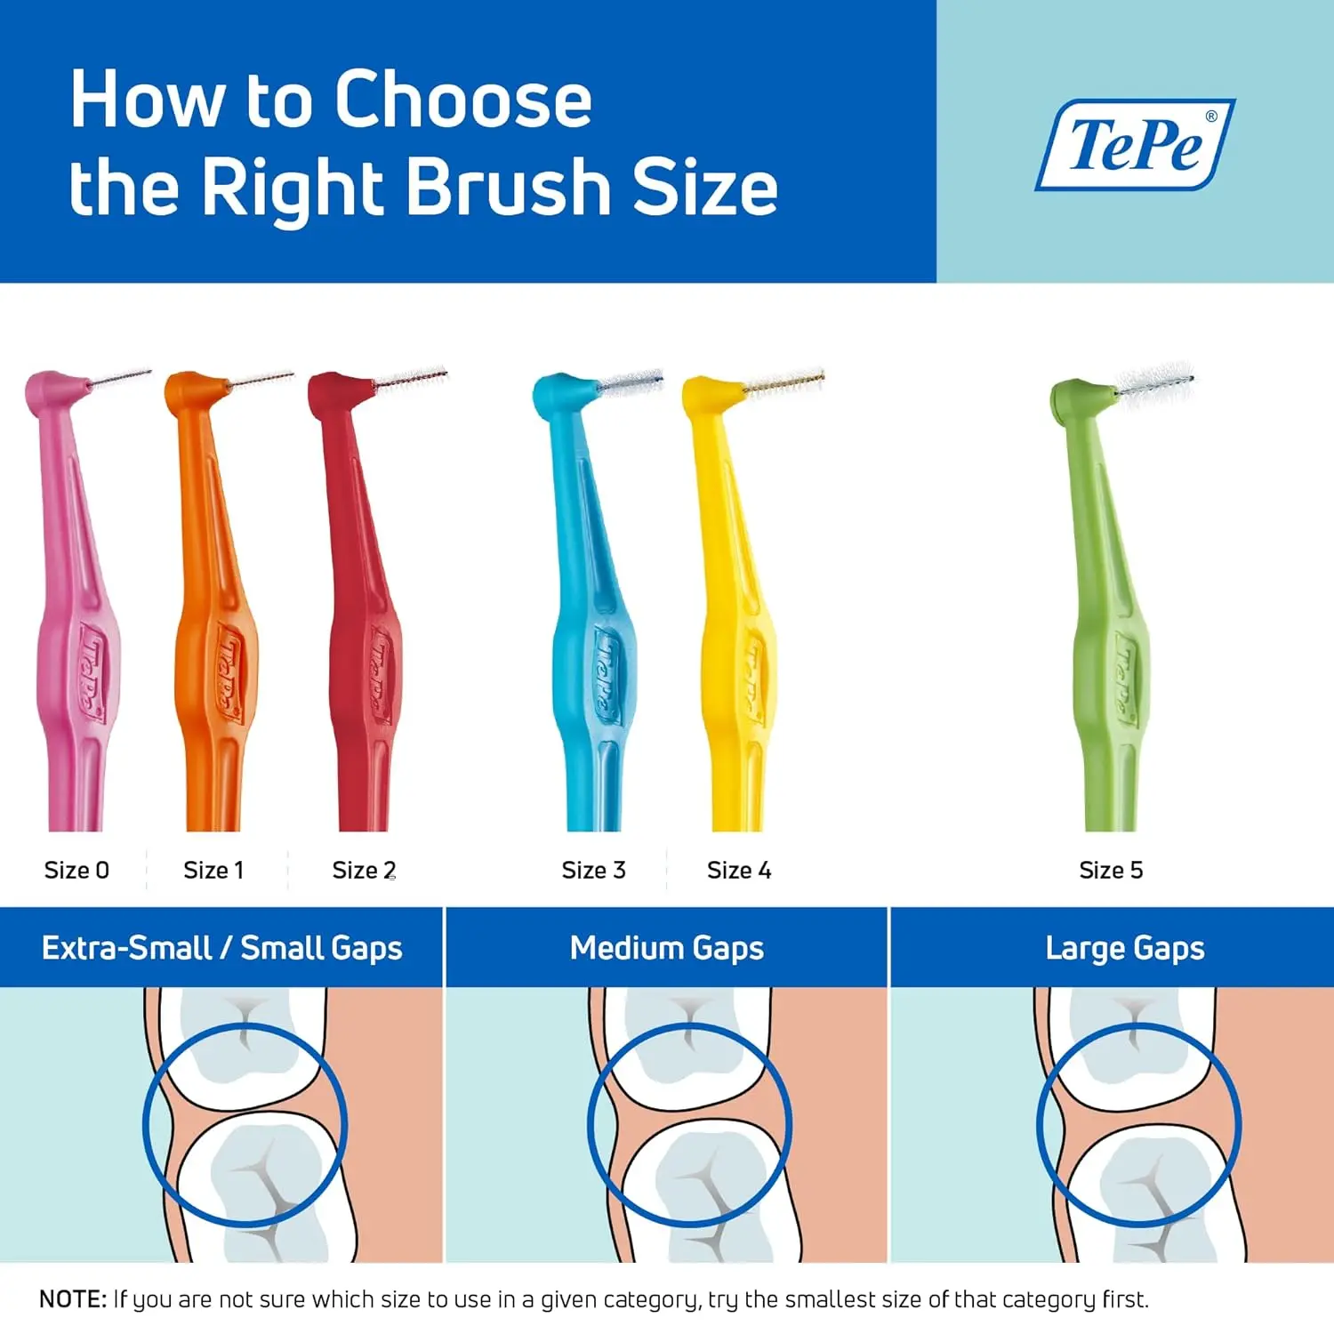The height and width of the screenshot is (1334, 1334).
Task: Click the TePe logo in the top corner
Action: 1135,144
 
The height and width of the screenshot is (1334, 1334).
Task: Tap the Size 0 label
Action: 76,870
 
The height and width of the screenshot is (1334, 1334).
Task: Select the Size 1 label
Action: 213,870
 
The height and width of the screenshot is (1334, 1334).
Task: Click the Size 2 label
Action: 364,870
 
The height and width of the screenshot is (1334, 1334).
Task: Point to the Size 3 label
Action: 593,870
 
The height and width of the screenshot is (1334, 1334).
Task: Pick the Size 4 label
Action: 739,870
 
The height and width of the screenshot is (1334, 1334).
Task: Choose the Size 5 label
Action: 1111,870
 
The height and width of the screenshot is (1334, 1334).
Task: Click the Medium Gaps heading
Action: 667,948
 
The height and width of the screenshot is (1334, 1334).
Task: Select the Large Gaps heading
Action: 1125,948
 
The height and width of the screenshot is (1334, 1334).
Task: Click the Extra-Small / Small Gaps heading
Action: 221,948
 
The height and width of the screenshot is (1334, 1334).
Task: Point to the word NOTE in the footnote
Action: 73,1299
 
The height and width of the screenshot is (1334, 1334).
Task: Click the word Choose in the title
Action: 462,100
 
